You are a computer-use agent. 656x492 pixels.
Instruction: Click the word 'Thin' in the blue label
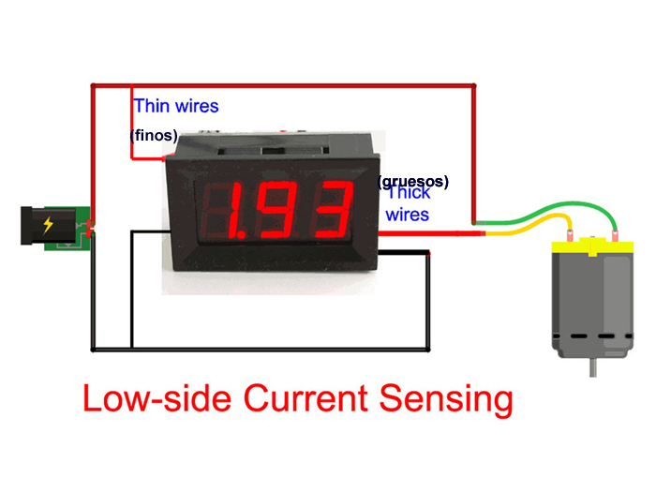point(152,106)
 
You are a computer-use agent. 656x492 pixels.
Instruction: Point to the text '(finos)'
point(154,135)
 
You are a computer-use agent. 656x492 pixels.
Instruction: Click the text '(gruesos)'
point(413,180)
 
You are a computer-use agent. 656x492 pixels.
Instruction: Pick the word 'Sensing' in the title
point(446,398)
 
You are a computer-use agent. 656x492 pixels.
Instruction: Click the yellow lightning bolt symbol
point(48,225)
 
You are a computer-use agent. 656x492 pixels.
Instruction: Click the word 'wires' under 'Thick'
point(408,215)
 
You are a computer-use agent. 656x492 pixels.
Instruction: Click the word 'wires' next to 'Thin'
point(197,106)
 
